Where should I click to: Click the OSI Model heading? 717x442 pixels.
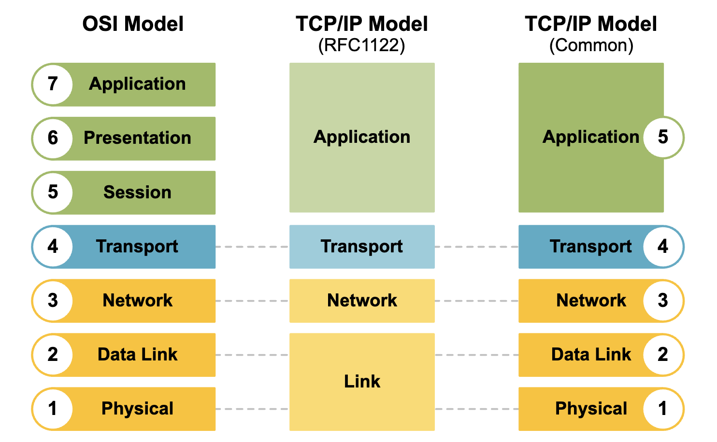(133, 24)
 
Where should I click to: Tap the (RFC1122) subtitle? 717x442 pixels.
(362, 45)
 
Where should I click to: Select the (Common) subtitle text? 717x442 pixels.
(591, 45)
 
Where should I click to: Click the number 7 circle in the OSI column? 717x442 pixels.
(53, 85)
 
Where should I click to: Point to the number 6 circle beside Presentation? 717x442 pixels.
(53, 138)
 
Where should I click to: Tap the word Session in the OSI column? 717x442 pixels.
(137, 192)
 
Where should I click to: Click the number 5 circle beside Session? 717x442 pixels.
(53, 193)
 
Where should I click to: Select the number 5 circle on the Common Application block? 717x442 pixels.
(663, 138)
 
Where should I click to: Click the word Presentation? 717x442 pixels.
(137, 138)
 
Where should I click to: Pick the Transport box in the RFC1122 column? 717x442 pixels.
(362, 247)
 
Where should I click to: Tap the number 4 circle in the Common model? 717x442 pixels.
(663, 247)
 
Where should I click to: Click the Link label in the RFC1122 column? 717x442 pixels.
(362, 381)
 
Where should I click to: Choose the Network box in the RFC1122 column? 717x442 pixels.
(362, 301)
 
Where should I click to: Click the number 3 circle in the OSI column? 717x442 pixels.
(53, 301)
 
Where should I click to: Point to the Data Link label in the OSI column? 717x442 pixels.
(137, 355)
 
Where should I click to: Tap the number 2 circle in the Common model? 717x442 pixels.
(663, 355)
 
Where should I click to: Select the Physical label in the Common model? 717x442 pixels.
(591, 408)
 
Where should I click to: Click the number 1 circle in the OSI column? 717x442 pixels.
(53, 409)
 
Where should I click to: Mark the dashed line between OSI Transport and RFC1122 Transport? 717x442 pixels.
(252, 247)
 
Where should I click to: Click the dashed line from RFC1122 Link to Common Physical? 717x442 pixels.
(476, 409)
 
